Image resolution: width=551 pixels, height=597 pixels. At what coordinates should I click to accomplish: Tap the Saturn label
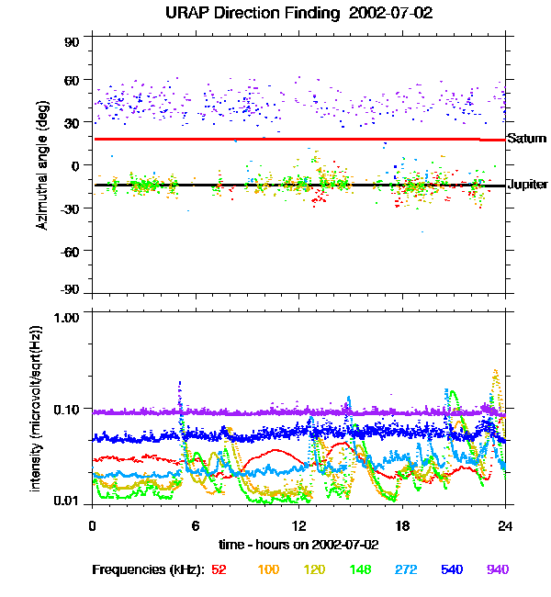pyautogui.click(x=526, y=139)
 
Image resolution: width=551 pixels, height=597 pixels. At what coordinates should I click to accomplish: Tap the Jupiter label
pyautogui.click(x=528, y=185)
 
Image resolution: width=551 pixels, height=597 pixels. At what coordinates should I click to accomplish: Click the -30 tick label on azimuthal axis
pyautogui.click(x=72, y=208)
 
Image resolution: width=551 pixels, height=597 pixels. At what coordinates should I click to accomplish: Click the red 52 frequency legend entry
pyautogui.click(x=219, y=569)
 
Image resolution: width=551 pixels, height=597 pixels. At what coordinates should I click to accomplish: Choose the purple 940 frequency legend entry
pyautogui.click(x=497, y=569)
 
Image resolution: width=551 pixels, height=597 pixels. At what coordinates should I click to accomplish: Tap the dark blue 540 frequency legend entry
pyautogui.click(x=451, y=569)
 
